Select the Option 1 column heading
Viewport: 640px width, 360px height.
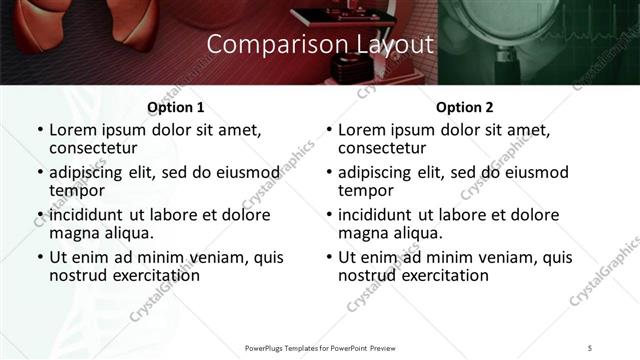coord(175,107)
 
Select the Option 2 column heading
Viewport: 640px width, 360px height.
coord(464,107)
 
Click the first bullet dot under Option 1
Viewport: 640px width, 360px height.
coord(39,130)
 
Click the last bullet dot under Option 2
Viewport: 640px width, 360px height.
coord(328,257)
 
